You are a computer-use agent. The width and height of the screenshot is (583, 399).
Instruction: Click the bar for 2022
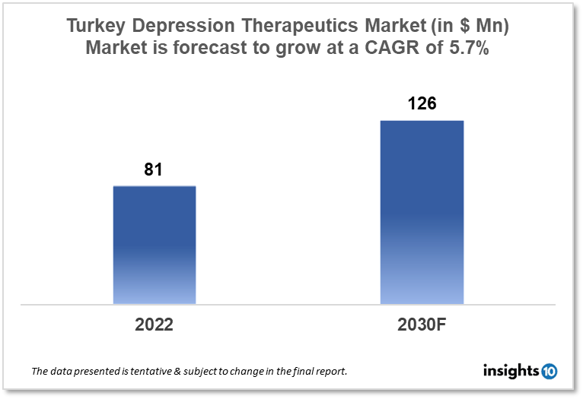155,245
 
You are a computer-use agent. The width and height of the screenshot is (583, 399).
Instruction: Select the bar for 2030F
422,212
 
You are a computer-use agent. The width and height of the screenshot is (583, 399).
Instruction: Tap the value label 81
154,169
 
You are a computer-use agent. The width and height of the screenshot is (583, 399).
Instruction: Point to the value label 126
422,103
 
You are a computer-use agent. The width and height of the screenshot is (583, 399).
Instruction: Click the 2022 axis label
155,325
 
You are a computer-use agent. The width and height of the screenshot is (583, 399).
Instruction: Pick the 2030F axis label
422,325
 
